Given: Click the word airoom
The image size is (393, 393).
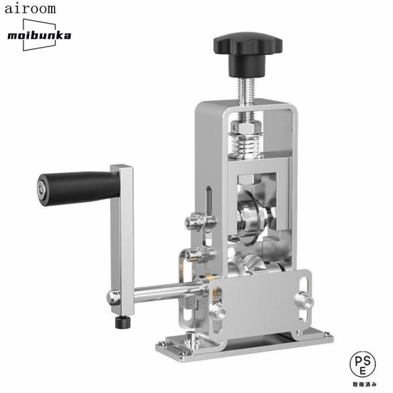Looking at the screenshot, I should click(x=30, y=9).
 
